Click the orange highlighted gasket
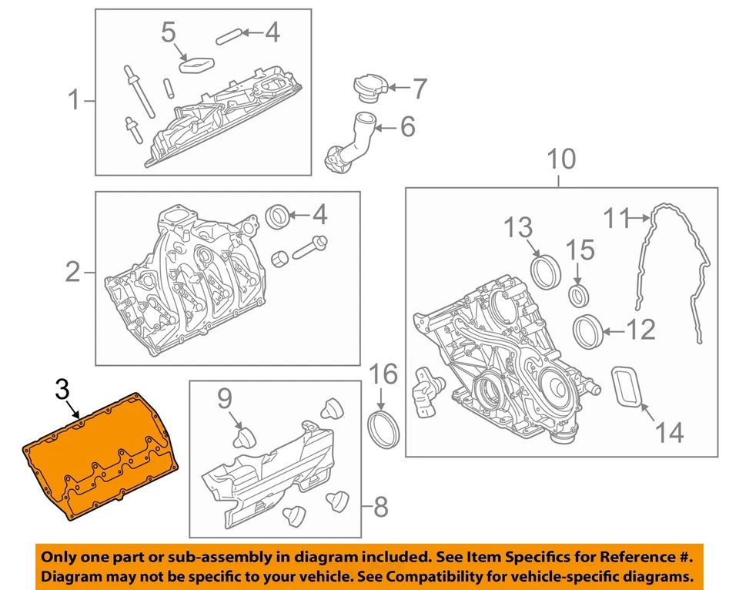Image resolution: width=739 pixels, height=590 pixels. pos(100,454)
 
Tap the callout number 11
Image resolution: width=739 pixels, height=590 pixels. pos(616,220)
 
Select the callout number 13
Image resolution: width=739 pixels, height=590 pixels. pos(519,228)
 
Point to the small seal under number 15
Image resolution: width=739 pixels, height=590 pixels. pos(580,294)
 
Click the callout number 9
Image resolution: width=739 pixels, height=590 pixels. pos(224,398)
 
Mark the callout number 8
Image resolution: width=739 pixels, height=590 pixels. pos(380,506)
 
